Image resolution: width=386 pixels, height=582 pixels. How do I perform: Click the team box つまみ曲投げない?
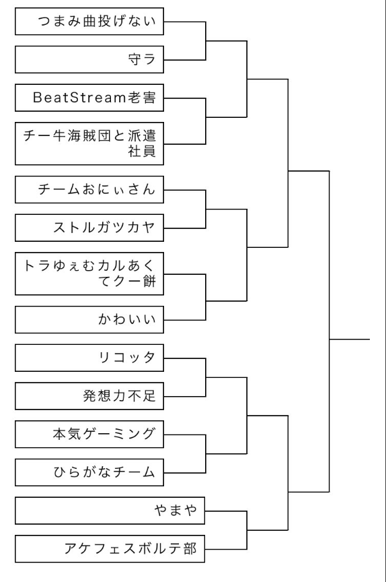(89, 22)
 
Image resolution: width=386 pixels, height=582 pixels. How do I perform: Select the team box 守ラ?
(89, 59)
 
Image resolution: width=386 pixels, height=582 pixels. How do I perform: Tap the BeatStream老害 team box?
(89, 98)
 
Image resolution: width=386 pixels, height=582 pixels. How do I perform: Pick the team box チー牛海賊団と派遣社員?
(89, 143)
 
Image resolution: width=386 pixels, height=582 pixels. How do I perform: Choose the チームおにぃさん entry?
(89, 190)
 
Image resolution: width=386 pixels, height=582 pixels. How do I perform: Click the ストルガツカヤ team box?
(89, 228)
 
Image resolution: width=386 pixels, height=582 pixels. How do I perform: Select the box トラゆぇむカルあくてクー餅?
(89, 274)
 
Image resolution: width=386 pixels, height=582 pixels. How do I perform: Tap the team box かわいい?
(89, 319)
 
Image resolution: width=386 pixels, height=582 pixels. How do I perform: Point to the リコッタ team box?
(89, 358)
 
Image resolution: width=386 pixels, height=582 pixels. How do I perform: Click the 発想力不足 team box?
(89, 396)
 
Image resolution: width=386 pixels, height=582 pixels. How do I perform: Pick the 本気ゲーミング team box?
(89, 434)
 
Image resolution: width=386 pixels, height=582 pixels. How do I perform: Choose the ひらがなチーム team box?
(89, 472)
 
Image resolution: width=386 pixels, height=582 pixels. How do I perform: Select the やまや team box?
(110, 511)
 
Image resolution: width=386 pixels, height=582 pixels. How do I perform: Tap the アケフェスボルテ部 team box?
(110, 549)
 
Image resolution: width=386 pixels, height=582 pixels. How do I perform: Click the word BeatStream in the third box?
(79, 98)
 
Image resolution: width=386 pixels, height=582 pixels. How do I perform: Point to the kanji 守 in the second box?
(134, 59)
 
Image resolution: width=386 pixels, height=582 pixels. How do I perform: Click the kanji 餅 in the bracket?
(149, 282)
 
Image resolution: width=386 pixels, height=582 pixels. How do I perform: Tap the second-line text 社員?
(142, 151)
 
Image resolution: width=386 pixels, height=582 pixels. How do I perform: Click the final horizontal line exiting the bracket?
(349, 339)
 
